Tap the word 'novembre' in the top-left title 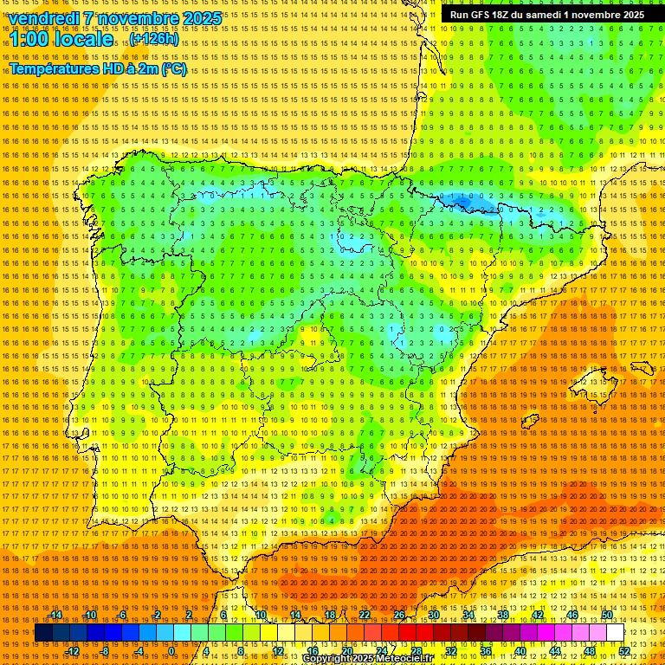click(x=136, y=18)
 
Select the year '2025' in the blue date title click(x=198, y=18)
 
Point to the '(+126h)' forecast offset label click(x=156, y=39)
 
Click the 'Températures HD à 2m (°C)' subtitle click(x=98, y=68)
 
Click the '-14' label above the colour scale click(x=55, y=615)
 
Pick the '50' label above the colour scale click(x=607, y=615)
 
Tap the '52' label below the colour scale click(x=623, y=651)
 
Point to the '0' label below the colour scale click(x=172, y=651)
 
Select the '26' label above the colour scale click(x=399, y=615)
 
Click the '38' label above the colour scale click(x=503, y=615)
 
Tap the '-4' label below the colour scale click(x=139, y=651)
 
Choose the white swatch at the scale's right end click(x=616, y=633)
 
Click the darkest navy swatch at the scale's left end click(x=43, y=633)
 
